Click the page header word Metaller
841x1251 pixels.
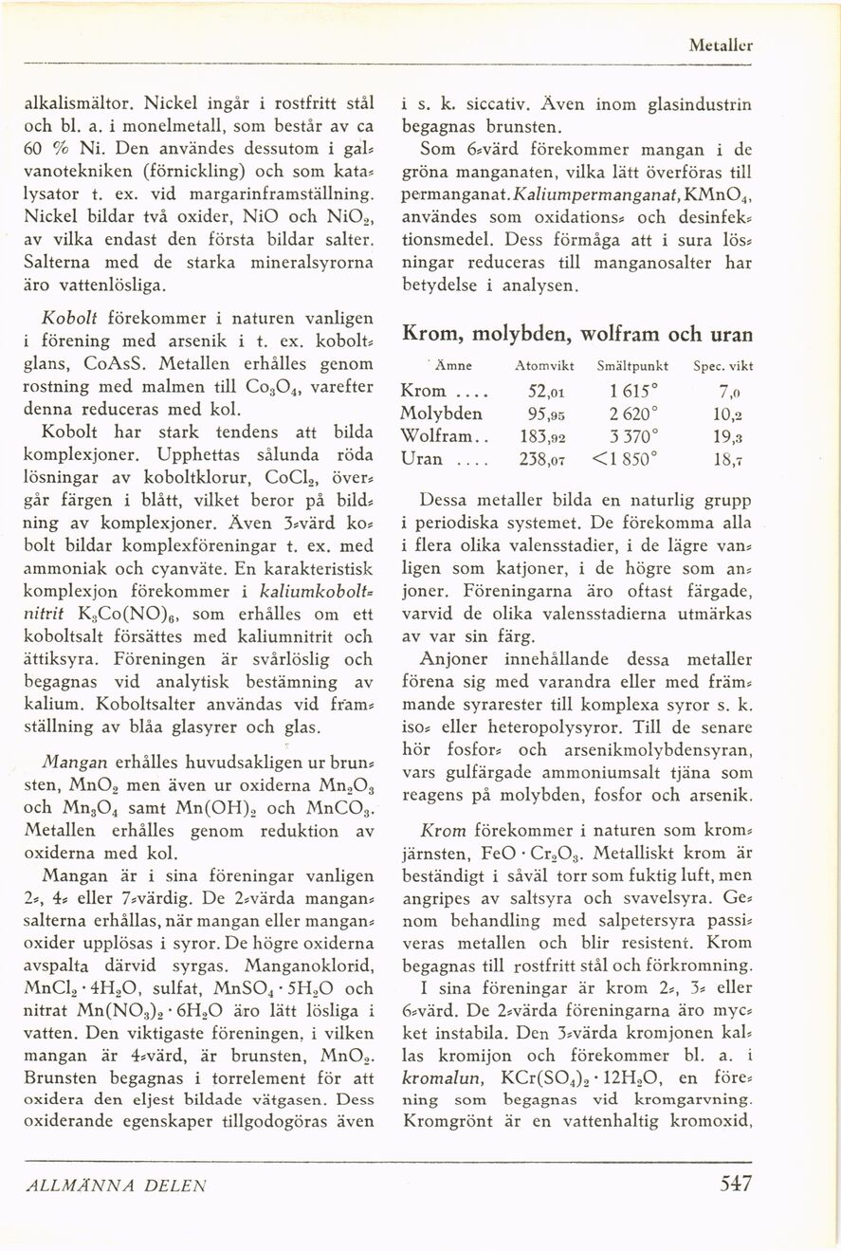[x=722, y=45]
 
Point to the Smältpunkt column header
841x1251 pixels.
[x=634, y=365]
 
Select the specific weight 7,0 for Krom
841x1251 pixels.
[x=729, y=391]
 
